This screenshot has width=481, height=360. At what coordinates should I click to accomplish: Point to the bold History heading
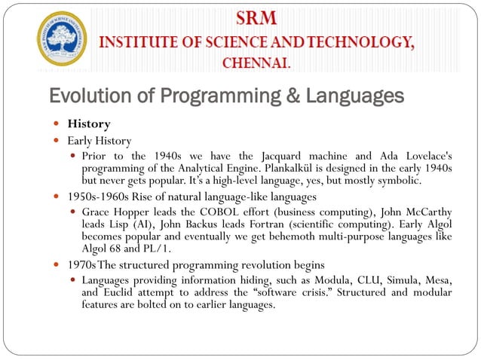pyautogui.click(x=89, y=124)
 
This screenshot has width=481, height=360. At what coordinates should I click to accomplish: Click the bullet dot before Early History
pyautogui.click(x=57, y=141)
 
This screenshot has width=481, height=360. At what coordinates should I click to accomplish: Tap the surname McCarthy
pyautogui.click(x=425, y=213)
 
